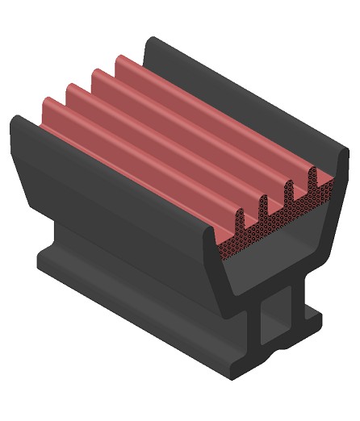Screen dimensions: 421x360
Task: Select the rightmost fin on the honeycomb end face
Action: coord(313,177)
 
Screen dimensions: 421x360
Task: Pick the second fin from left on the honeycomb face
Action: coord(264,206)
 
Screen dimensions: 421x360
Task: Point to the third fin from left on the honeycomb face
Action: coord(289,192)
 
